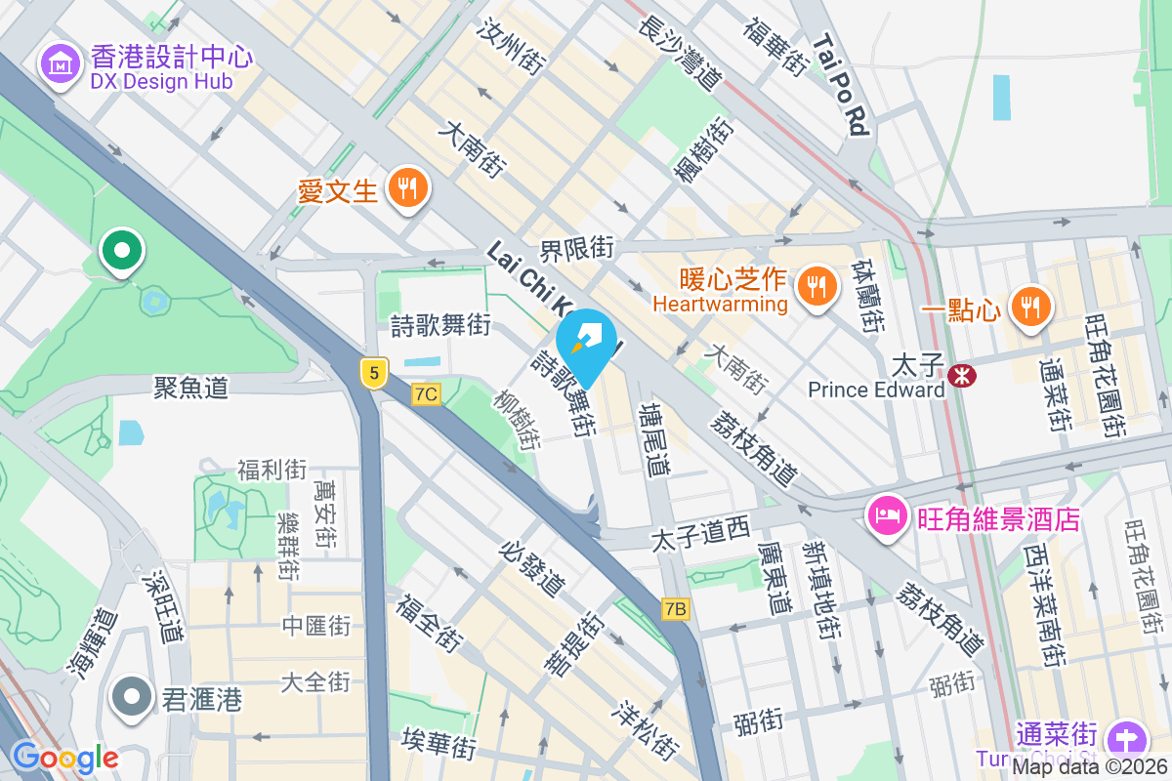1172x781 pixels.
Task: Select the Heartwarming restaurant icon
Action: [814, 285]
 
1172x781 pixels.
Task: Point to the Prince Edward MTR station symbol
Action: [962, 374]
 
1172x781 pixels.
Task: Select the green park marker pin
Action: [121, 251]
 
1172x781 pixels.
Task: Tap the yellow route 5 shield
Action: [373, 371]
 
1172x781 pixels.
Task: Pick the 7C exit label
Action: [426, 393]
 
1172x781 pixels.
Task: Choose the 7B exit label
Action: [675, 609]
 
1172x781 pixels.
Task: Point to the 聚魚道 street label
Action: [190, 388]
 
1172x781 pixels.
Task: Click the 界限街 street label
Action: [577, 249]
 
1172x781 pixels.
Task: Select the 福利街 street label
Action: [272, 470]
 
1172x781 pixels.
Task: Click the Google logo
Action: [65, 757]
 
